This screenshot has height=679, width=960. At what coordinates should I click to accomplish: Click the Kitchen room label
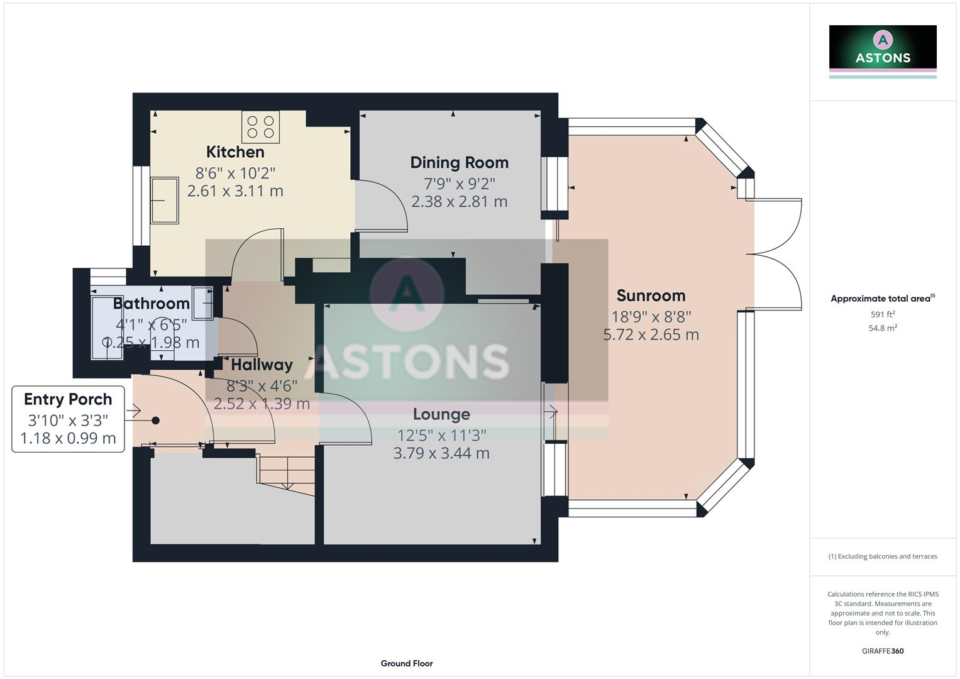click(235, 152)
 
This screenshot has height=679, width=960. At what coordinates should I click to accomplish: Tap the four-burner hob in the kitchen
click(261, 127)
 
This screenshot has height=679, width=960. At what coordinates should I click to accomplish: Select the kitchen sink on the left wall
click(165, 201)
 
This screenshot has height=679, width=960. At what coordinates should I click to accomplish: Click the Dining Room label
click(459, 163)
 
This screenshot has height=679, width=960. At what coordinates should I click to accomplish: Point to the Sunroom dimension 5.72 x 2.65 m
click(651, 334)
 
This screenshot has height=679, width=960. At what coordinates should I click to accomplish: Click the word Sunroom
click(651, 295)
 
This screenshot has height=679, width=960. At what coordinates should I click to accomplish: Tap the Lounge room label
click(441, 414)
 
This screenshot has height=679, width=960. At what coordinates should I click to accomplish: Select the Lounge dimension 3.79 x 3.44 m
click(441, 453)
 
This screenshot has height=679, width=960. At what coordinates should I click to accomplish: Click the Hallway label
click(262, 365)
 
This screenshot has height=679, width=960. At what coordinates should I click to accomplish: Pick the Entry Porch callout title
click(68, 399)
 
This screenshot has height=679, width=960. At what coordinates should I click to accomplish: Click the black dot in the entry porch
click(155, 421)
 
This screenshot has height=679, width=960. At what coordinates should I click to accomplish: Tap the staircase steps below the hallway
click(286, 473)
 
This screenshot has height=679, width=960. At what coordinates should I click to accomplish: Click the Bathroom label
click(151, 304)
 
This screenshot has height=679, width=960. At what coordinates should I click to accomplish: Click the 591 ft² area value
click(883, 314)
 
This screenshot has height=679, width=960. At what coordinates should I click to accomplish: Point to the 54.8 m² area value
click(883, 328)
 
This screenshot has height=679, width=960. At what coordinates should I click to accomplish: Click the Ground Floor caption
click(407, 663)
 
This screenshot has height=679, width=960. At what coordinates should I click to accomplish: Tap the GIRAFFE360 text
click(883, 651)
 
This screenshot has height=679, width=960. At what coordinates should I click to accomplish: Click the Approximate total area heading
click(881, 299)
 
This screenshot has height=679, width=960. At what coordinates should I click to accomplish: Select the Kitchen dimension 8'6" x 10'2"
click(235, 172)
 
